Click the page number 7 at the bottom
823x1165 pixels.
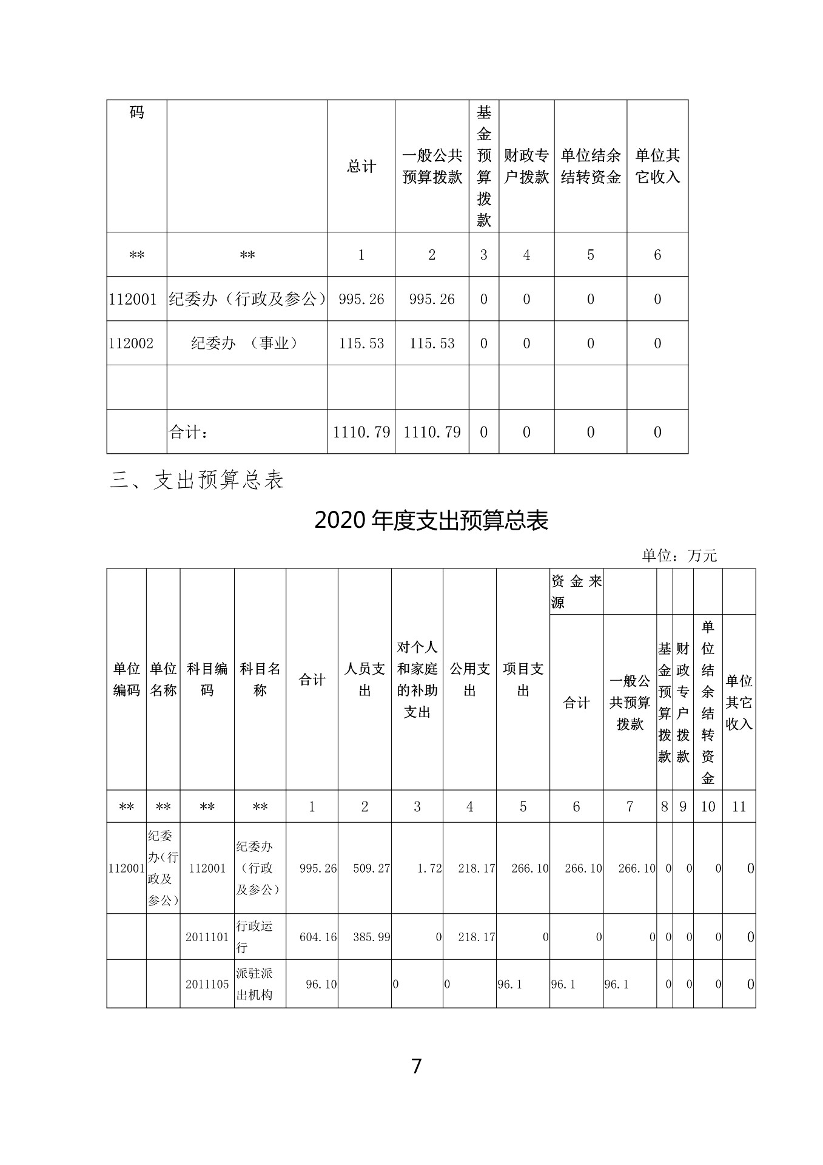tap(416, 1066)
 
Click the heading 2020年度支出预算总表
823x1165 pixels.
tap(431, 521)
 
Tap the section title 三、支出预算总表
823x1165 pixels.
tap(197, 481)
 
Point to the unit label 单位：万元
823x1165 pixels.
tap(679, 555)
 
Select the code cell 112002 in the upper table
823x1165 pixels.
tap(132, 343)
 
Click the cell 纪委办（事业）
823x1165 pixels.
tap(246, 343)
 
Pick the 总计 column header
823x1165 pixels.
tap(361, 166)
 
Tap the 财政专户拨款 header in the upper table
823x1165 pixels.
tap(526, 166)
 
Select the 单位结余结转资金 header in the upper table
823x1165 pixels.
tap(591, 166)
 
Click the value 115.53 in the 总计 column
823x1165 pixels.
tap(361, 343)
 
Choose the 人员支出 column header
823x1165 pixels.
tap(364, 680)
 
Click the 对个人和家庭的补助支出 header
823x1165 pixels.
tap(417, 680)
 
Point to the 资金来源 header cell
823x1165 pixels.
tap(576, 592)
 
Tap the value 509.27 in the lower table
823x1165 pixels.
tap(371, 868)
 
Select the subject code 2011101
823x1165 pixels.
tap(207, 937)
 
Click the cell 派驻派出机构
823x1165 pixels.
tap(254, 984)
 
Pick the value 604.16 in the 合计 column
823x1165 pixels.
tap(318, 937)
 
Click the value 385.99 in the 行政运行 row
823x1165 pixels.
tap(371, 937)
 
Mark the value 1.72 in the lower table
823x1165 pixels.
tap(429, 868)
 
